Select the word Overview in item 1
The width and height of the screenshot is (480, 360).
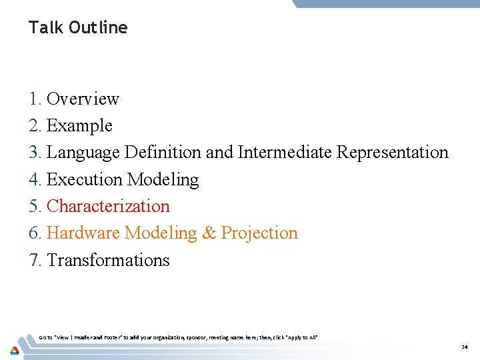coord(83,99)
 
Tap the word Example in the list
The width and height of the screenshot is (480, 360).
coord(79,126)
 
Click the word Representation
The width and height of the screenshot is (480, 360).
coord(392,153)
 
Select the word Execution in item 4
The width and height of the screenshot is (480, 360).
coord(85,180)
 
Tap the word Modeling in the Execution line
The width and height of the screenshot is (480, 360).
coord(163,180)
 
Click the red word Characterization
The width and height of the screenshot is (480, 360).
coord(108,207)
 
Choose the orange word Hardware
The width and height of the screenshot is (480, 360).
coord(83,233)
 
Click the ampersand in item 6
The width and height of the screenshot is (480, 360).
coord(209,233)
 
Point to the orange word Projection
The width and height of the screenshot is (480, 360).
coord(259,233)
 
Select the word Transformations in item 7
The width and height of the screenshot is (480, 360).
coord(108,260)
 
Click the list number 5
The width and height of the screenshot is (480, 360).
coord(35,207)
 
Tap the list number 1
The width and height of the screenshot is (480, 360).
coord(35,99)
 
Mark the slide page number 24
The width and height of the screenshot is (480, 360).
coord(464,347)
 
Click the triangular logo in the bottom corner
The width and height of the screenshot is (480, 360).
coord(14,349)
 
